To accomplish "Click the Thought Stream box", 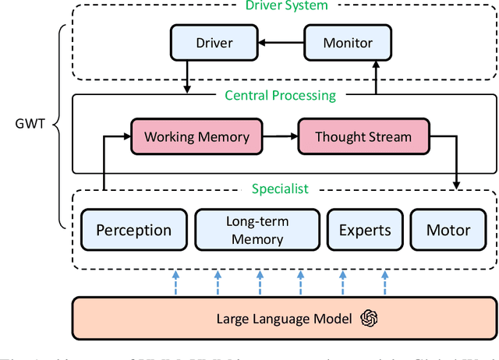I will click(x=363, y=136).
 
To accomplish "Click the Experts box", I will click(x=365, y=230).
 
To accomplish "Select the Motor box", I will click(x=448, y=230).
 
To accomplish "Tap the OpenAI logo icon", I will click(x=368, y=318).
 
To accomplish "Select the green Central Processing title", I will click(x=280, y=96).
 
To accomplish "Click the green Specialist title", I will click(x=280, y=189).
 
